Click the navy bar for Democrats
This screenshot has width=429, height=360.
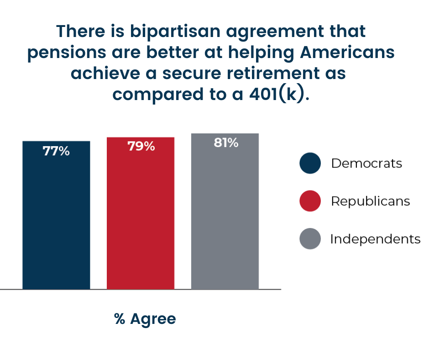pyautogui.click(x=56, y=215)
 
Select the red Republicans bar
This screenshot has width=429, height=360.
pyautogui.click(x=141, y=213)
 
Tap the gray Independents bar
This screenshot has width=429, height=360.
pyautogui.click(x=225, y=211)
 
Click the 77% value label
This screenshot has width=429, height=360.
pyautogui.click(x=56, y=151)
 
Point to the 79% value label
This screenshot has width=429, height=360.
pyautogui.click(x=141, y=146)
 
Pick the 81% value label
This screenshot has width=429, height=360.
pyautogui.click(x=226, y=143)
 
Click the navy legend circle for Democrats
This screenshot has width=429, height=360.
pyautogui.click(x=310, y=163)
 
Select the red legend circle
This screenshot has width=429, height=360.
pyautogui.click(x=310, y=201)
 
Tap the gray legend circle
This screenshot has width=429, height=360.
pyautogui.click(x=310, y=238)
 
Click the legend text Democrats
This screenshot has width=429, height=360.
pyautogui.click(x=366, y=163)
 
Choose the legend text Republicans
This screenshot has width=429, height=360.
pyautogui.click(x=371, y=201)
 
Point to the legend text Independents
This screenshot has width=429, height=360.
pyautogui.click(x=375, y=238)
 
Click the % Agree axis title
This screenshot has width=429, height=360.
pyautogui.click(x=145, y=319)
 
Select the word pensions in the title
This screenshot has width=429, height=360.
pyautogui.click(x=67, y=53)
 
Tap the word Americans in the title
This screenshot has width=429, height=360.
pyautogui.click(x=347, y=52)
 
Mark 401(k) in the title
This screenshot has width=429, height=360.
pyautogui.click(x=277, y=94)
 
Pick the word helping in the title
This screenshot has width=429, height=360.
pyautogui.click(x=261, y=53)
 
